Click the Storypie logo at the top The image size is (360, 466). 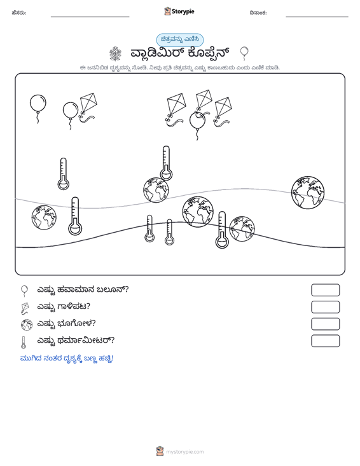[179, 11]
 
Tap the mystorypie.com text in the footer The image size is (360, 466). [184, 452]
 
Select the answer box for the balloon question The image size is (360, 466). [325, 290]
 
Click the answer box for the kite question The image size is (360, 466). [325, 307]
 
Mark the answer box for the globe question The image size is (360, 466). [325, 324]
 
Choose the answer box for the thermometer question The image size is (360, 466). [325, 341]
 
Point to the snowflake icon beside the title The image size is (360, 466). [115, 54]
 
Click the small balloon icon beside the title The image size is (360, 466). [244, 53]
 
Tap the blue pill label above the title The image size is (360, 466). [180, 40]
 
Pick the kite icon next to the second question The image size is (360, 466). [25, 308]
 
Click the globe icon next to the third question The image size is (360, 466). [27, 325]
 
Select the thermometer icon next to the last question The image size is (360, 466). [23, 342]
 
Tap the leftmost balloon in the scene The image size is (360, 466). [38, 104]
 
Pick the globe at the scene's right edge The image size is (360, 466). [308, 192]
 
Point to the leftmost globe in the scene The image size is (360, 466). [44, 217]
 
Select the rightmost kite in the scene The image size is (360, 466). [223, 109]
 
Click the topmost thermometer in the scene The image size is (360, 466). [166, 163]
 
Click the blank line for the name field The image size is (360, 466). [90, 17]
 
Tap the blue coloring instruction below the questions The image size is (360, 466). [67, 359]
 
